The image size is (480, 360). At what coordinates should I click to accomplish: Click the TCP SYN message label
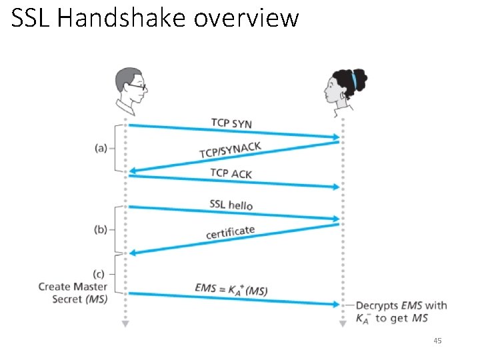click(231, 123)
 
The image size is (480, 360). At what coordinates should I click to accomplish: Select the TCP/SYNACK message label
click(230, 149)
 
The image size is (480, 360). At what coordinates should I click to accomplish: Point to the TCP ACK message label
click(231, 173)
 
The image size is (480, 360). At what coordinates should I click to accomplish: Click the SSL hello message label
click(231, 205)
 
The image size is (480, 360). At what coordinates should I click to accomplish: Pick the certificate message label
click(230, 232)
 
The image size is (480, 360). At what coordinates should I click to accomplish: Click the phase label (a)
click(101, 148)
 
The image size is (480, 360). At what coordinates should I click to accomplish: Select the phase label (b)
click(101, 229)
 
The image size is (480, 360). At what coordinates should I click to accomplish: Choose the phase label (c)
click(101, 273)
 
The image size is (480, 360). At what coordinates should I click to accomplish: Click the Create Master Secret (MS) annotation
click(73, 293)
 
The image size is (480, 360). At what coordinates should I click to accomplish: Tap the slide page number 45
click(437, 341)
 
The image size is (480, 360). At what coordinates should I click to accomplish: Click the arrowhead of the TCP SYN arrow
click(335, 138)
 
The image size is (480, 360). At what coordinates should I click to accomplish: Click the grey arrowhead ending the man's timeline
click(124, 325)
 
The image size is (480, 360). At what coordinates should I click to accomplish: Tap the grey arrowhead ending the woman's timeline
click(343, 325)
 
